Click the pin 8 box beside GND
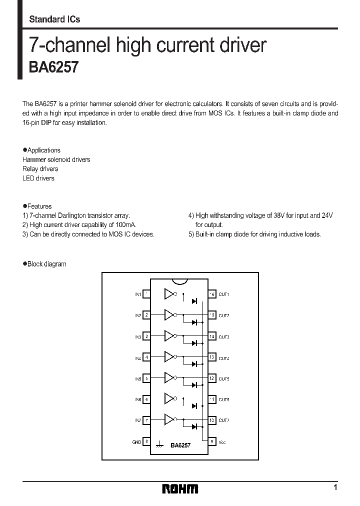point(146,441)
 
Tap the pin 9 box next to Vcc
point(212,441)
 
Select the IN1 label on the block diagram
point(137,294)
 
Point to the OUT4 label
point(224,357)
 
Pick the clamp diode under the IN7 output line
point(194,426)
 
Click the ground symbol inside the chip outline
point(160,444)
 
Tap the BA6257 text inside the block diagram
point(180,444)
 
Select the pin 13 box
point(212,357)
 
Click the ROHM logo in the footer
point(180,488)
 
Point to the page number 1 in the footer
point(335,487)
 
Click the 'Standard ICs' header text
point(54,19)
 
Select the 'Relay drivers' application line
point(40,169)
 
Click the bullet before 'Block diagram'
point(24,264)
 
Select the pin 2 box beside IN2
point(146,315)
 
